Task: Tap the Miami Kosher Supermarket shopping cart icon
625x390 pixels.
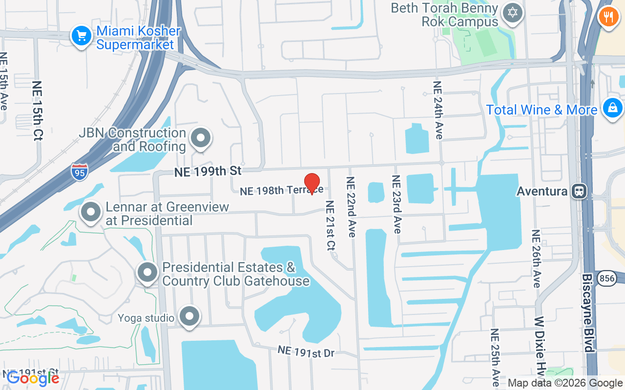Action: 82,36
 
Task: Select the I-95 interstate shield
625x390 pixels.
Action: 80,172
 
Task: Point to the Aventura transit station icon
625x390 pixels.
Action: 580,191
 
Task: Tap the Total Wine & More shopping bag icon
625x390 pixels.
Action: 612,108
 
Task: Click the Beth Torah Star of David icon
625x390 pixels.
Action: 512,12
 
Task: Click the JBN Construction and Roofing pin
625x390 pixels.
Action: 200,138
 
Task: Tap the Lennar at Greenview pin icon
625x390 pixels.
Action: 90,213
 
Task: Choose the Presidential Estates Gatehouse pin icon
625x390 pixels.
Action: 147,273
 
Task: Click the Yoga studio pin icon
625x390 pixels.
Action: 189,316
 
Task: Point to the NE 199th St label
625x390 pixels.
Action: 208,171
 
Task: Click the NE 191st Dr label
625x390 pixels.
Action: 306,351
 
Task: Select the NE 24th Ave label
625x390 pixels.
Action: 438,110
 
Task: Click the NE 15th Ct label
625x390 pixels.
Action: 38,111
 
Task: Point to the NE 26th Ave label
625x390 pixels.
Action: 536,258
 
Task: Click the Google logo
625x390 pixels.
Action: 33,378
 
